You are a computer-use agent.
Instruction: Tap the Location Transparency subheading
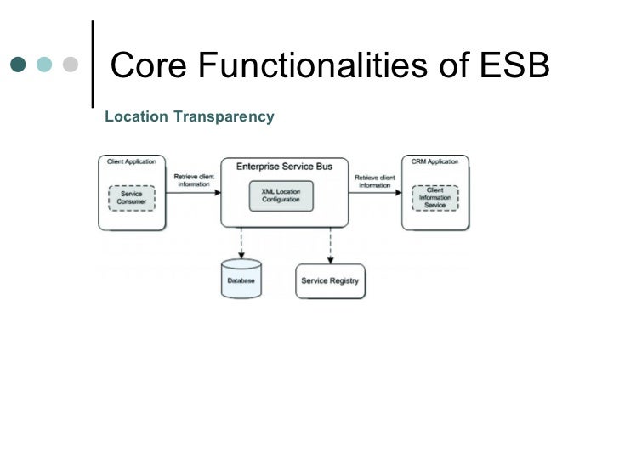(x=189, y=116)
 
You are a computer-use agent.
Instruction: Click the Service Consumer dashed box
(x=132, y=199)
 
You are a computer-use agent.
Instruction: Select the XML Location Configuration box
(x=281, y=197)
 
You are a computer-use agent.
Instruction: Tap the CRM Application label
(x=434, y=161)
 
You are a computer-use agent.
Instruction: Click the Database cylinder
(x=241, y=280)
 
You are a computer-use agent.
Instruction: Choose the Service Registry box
(x=330, y=281)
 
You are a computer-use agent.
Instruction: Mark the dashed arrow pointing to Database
(x=241, y=244)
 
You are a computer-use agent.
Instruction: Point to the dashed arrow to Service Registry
(x=330, y=245)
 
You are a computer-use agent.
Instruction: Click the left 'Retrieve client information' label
(x=194, y=180)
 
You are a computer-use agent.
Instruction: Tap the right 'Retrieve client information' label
(x=375, y=180)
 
